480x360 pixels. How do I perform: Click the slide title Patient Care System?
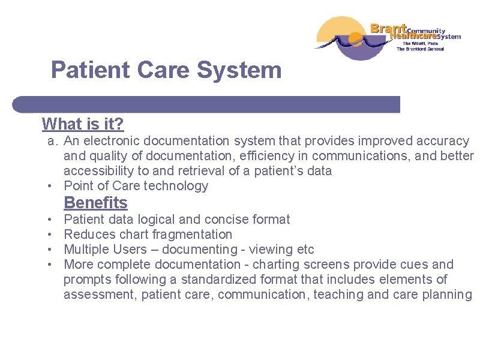click(x=166, y=70)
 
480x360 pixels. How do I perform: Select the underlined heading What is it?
click(x=83, y=124)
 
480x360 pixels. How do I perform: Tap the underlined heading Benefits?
click(x=95, y=203)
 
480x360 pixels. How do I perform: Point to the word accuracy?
click(x=442, y=141)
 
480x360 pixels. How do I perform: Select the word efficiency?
click(x=247, y=156)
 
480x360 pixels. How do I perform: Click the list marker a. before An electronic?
click(x=53, y=141)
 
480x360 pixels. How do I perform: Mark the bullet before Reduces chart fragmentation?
click(x=53, y=235)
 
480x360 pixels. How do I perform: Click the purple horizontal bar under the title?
click(x=207, y=104)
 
